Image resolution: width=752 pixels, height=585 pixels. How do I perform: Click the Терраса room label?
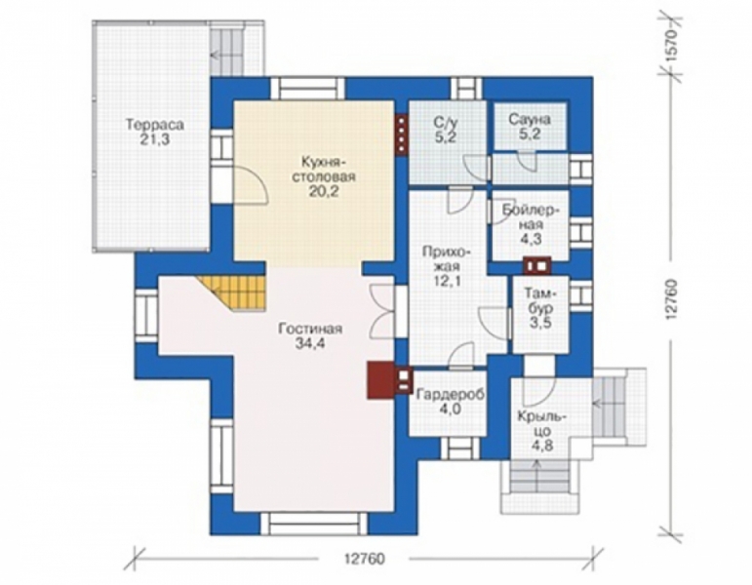click(155, 125)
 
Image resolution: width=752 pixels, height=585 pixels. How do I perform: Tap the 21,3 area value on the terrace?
click(155, 139)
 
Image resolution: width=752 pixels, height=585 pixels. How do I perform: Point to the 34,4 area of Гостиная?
click(310, 344)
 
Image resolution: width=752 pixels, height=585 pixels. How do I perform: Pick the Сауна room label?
click(530, 119)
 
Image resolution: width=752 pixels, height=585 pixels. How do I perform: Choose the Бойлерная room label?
click(530, 216)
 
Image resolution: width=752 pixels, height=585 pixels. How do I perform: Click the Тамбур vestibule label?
click(540, 299)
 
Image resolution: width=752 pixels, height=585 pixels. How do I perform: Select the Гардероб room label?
click(451, 395)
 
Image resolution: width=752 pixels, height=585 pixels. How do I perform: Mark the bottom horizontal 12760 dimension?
click(364, 559)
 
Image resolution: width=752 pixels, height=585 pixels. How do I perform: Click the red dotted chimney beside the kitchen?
click(402, 136)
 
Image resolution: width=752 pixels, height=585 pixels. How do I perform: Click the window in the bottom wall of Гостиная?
click(315, 524)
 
